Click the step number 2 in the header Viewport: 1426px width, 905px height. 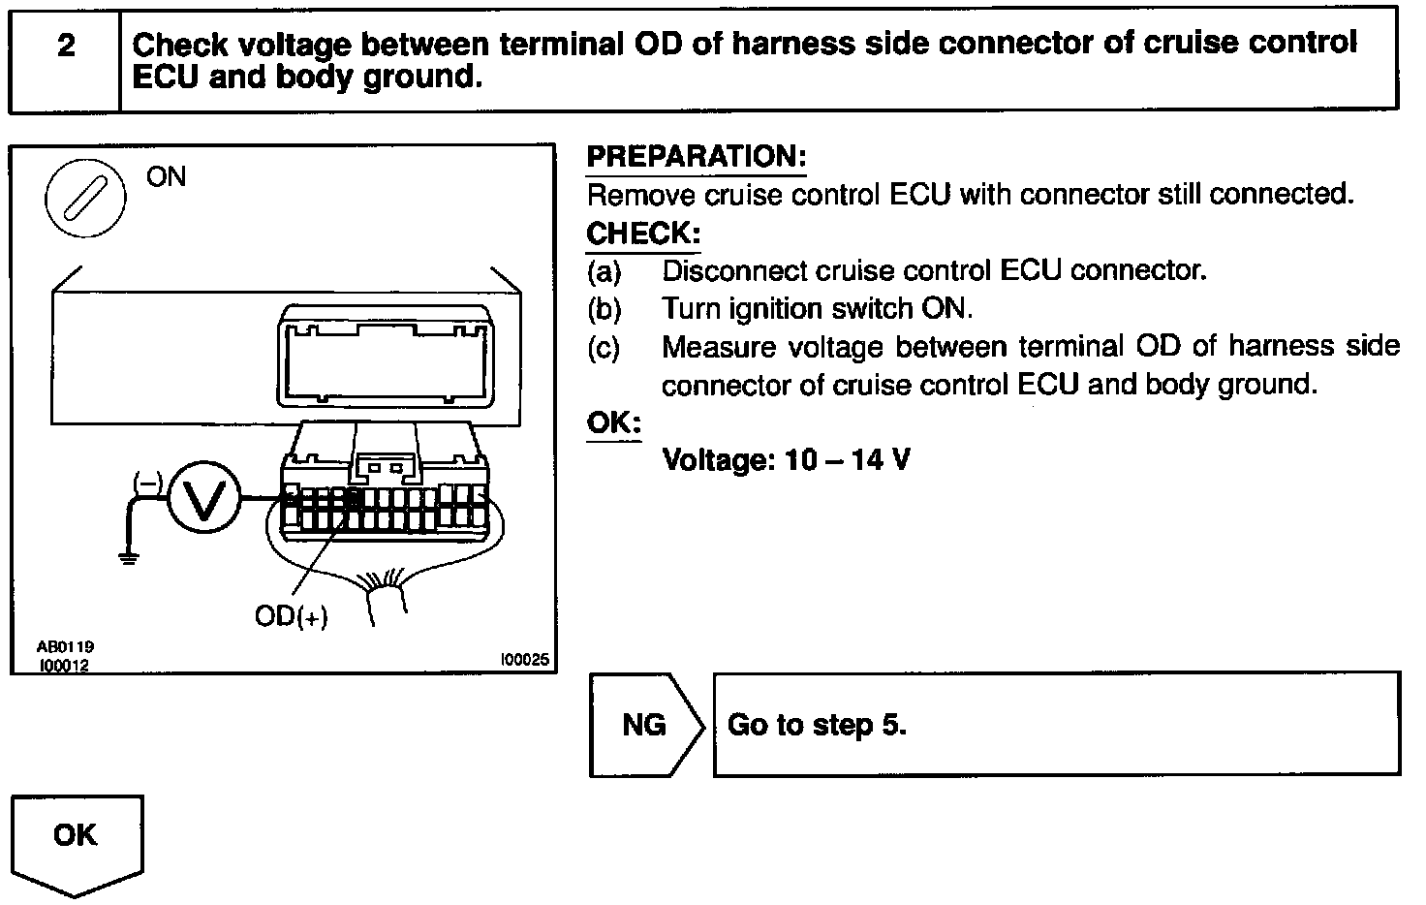click(x=66, y=46)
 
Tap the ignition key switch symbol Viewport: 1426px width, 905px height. click(x=85, y=197)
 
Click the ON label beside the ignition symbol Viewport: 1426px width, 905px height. click(x=166, y=176)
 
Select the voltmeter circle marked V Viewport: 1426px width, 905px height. click(x=203, y=498)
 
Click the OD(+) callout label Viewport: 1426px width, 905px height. click(x=291, y=616)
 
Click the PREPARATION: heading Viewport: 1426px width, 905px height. click(x=697, y=157)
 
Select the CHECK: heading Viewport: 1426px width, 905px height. click(x=643, y=234)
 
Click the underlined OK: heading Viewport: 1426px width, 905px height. click(x=614, y=422)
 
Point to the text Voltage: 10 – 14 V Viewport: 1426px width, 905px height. click(x=786, y=459)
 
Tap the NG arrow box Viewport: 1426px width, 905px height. click(x=645, y=725)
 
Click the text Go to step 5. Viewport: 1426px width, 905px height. click(x=817, y=725)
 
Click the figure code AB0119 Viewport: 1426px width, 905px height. click(x=66, y=646)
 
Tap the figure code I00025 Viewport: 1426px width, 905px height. click(x=524, y=660)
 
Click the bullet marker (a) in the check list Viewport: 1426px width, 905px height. click(x=604, y=270)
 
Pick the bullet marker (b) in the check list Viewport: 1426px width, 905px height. click(x=604, y=309)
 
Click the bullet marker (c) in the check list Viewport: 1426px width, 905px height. click(x=604, y=347)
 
